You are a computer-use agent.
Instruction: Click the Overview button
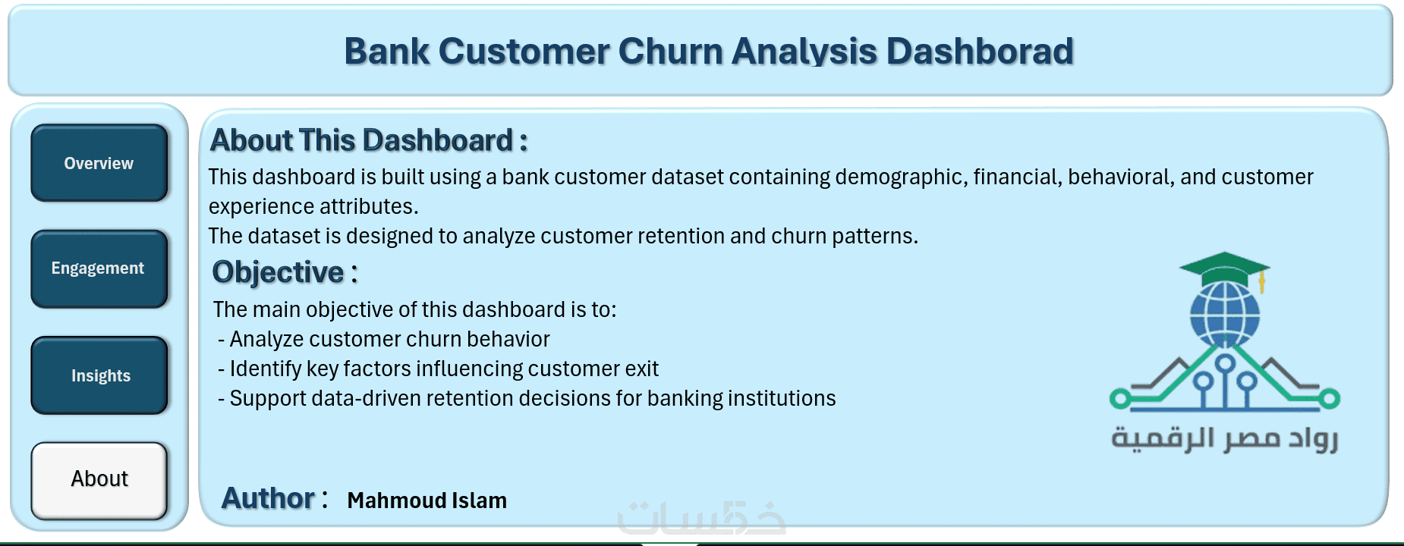point(99,163)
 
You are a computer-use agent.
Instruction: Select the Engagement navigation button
point(99,268)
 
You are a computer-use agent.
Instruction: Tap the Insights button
point(99,375)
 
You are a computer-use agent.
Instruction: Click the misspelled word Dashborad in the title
point(980,52)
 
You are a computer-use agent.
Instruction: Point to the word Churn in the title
point(670,52)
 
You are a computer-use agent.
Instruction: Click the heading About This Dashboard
point(368,140)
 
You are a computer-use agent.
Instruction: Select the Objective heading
point(285,272)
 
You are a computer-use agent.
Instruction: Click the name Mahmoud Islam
point(427,500)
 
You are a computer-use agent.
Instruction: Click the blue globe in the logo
point(1224,314)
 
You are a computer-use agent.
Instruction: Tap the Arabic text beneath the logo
point(1224,439)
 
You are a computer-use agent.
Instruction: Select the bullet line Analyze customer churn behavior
point(384,339)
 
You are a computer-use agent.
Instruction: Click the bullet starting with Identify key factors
point(438,369)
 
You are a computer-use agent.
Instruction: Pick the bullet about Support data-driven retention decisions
point(527,398)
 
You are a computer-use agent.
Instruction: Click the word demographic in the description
point(901,177)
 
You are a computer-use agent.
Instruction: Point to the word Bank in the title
point(387,52)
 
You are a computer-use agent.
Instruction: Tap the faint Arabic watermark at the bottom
point(702,518)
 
